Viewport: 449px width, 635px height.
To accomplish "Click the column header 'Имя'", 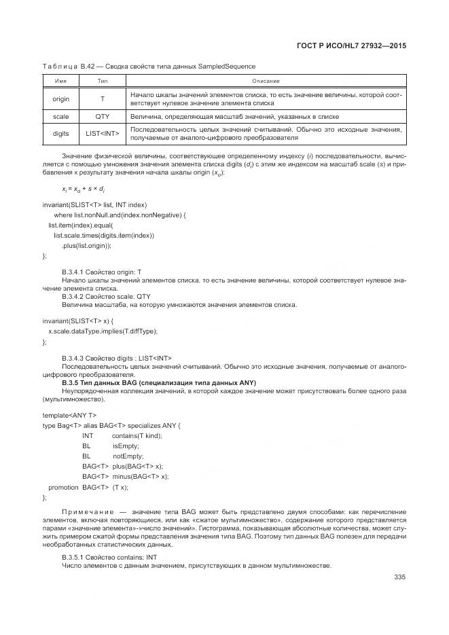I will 60,81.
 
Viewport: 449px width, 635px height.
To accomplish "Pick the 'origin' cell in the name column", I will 60,99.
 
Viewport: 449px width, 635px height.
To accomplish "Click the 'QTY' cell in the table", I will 103,117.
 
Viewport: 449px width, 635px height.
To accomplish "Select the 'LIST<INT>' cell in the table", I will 103,134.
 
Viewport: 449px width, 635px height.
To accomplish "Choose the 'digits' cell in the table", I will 60,134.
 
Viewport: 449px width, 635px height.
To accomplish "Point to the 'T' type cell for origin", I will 103,99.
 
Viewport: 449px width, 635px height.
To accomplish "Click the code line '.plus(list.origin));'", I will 86,245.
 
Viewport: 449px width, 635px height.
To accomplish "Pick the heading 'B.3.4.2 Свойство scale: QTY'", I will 106,297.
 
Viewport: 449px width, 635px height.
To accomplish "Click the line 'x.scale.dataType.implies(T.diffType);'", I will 103,331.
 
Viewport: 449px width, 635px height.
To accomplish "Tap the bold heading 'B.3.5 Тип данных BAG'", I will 158,382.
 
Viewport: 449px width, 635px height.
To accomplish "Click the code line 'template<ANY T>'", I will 69,415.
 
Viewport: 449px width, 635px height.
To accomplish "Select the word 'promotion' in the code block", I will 63,487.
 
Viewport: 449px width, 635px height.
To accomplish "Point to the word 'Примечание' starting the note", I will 86,511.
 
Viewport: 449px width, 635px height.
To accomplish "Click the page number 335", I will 399,577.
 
